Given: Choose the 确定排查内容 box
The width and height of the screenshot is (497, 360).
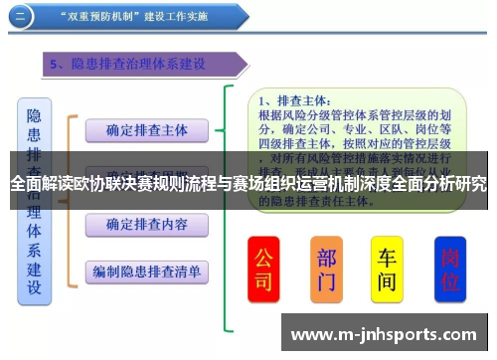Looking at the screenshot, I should [x=147, y=224].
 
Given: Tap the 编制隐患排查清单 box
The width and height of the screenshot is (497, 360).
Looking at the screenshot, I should [x=146, y=270].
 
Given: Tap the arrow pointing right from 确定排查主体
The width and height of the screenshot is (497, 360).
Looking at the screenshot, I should [x=229, y=129].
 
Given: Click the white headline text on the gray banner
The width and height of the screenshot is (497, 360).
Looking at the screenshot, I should [x=248, y=183].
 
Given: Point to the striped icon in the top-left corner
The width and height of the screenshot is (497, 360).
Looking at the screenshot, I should [x=20, y=17].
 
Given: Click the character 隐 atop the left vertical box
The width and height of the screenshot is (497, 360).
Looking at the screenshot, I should [x=34, y=118].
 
